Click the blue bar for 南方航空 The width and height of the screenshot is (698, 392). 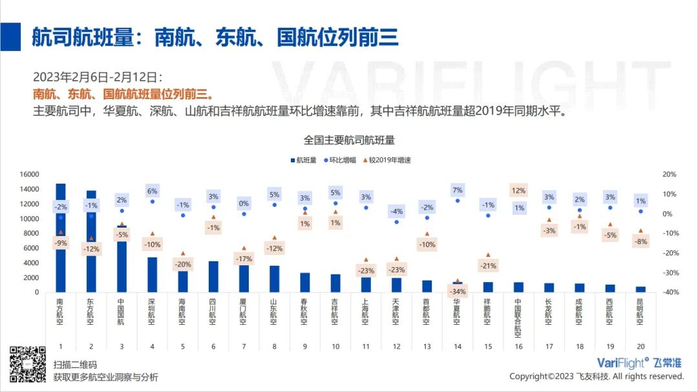click(x=60, y=259)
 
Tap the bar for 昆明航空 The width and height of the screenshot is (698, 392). click(x=640, y=289)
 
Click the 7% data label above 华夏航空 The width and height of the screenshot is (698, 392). click(x=458, y=190)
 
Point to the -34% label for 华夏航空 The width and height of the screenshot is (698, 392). click(x=458, y=291)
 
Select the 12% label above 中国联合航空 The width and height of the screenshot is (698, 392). click(x=518, y=190)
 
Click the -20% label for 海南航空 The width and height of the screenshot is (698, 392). click(x=183, y=265)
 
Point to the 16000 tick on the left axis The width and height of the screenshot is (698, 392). click(x=30, y=175)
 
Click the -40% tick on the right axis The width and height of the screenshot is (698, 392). click(x=669, y=292)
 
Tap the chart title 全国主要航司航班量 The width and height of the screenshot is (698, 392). click(x=349, y=140)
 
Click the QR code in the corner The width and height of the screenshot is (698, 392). click(x=27, y=365)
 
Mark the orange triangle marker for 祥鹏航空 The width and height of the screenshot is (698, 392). click(x=488, y=255)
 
